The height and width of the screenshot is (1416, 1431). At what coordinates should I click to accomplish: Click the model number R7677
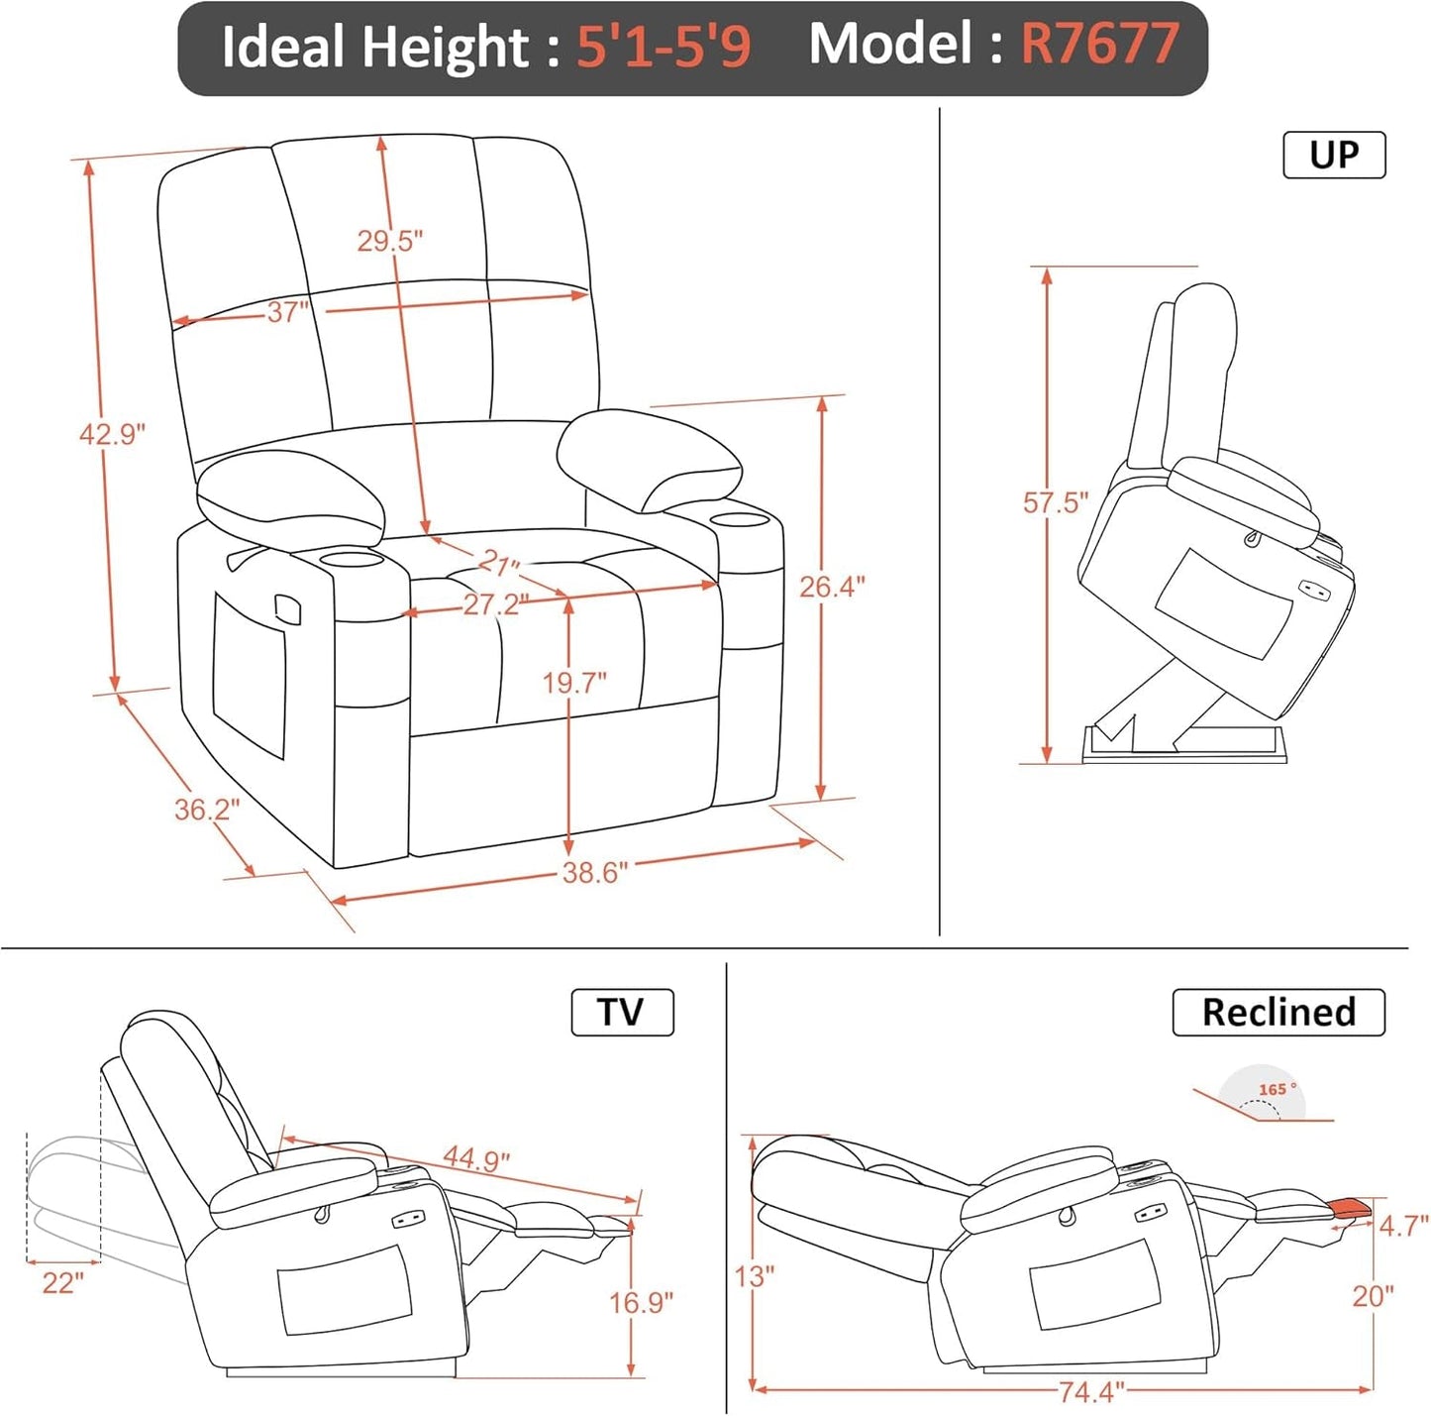tap(1099, 44)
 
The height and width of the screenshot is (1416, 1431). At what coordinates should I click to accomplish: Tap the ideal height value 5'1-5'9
tap(664, 46)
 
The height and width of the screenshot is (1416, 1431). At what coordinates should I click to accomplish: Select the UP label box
tap(1333, 155)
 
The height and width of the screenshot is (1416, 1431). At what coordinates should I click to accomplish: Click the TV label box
tap(622, 1012)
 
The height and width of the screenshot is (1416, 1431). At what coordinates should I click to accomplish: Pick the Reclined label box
tap(1278, 1012)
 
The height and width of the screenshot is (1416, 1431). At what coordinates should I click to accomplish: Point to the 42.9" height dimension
tap(112, 433)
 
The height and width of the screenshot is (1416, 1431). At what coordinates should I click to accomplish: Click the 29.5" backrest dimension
tap(389, 240)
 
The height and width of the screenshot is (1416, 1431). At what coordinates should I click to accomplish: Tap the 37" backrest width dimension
tap(287, 312)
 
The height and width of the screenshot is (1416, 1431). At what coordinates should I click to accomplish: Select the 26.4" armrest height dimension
tap(832, 587)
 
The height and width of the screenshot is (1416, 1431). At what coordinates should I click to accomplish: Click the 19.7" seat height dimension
tap(573, 683)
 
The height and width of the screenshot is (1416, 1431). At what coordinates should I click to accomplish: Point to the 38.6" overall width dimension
tap(594, 872)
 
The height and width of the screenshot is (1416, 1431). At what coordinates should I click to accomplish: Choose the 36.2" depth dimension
tap(207, 810)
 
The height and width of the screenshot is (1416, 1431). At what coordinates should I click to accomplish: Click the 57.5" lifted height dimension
tap(1055, 502)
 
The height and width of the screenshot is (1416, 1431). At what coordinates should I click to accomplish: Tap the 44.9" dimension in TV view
tap(475, 1157)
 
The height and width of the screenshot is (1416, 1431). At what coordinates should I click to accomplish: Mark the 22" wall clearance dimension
tap(62, 1283)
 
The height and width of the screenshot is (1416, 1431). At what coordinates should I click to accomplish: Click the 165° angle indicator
tap(1276, 1090)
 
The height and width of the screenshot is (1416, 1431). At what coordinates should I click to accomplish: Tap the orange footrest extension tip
tap(1350, 1206)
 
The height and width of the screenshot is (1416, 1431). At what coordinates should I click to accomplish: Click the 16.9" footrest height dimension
tap(641, 1301)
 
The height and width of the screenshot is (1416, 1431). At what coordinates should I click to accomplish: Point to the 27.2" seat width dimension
tap(494, 603)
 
